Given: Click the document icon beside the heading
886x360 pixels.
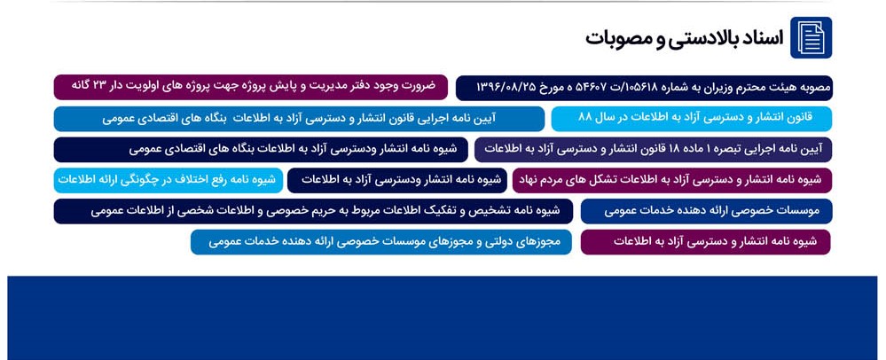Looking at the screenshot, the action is tap(811, 37).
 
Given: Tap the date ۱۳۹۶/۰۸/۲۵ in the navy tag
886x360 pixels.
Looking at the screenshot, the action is tap(502, 87).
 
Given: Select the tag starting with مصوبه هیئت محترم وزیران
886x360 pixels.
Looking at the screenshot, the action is tap(644, 88).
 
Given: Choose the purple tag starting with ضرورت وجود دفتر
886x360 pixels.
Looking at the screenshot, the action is tap(251, 87).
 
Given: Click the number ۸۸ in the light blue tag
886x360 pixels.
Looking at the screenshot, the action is tap(584, 118).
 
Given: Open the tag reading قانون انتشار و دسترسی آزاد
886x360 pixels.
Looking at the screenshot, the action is tap(692, 119).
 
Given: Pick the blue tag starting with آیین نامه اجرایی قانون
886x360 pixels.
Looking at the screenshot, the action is tap(300, 119).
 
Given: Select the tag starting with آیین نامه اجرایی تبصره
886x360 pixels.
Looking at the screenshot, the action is tap(654, 150).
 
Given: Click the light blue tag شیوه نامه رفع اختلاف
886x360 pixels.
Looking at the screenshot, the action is tap(169, 180).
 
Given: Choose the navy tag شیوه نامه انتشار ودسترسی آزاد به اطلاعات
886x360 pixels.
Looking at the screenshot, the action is tap(397, 180).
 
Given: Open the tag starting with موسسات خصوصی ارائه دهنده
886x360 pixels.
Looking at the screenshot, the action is tap(706, 211).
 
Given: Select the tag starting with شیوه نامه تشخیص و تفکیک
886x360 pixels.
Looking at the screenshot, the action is tap(314, 211).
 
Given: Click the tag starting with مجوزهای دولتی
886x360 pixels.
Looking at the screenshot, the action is tap(381, 242).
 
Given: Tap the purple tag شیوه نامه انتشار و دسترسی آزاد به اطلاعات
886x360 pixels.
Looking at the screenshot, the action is tap(706, 242).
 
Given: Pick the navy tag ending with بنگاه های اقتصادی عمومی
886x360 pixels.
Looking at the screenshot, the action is tap(261, 150).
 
